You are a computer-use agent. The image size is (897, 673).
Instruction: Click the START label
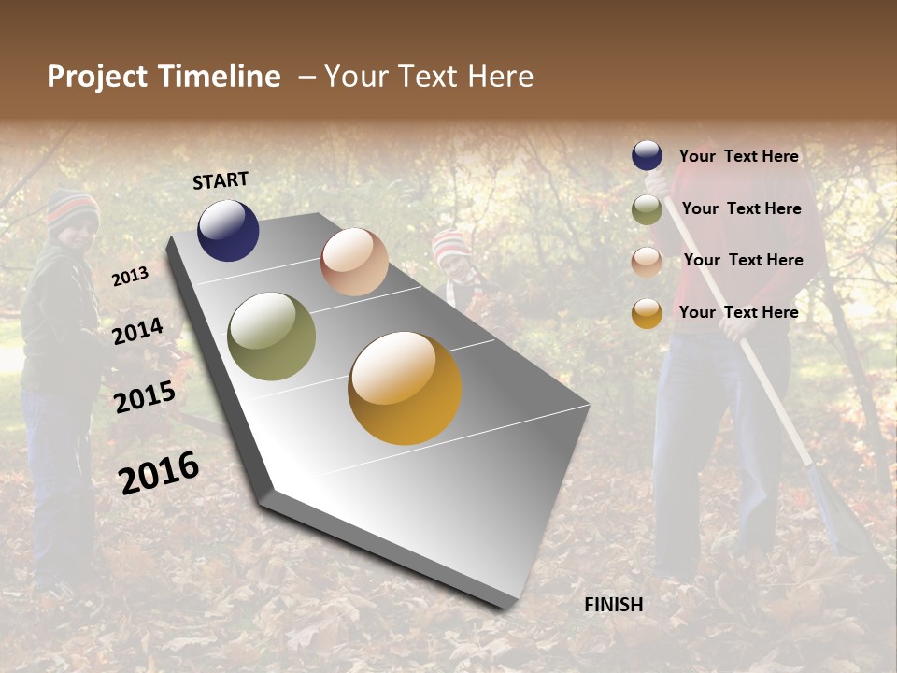[x=221, y=179]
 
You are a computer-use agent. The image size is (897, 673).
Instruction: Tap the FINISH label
[x=613, y=605]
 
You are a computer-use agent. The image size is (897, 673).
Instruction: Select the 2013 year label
[x=130, y=277]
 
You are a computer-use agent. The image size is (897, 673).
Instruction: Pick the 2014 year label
[x=137, y=332]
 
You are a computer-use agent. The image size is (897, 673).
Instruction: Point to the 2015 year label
[x=144, y=397]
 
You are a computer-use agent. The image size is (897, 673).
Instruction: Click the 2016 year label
[x=159, y=473]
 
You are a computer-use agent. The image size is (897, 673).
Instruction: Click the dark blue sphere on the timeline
[x=228, y=230]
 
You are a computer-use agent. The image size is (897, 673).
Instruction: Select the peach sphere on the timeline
[x=354, y=262]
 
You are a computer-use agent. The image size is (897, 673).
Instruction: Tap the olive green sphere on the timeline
[x=271, y=336]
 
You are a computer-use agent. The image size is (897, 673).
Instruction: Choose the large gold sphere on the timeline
[x=405, y=388]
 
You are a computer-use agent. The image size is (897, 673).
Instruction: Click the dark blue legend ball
[x=647, y=156]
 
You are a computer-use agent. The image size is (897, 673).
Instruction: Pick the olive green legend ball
[x=647, y=209]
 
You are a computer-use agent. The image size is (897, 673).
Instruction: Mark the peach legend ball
[x=647, y=261]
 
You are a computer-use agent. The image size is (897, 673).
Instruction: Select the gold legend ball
[x=647, y=313]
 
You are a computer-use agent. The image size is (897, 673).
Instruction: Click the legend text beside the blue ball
[x=738, y=156]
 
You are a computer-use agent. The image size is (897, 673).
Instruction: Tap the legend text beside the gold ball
[x=738, y=312]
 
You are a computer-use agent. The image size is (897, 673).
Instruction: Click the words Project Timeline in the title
[x=164, y=77]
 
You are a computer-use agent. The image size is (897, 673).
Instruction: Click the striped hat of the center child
[x=449, y=245]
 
